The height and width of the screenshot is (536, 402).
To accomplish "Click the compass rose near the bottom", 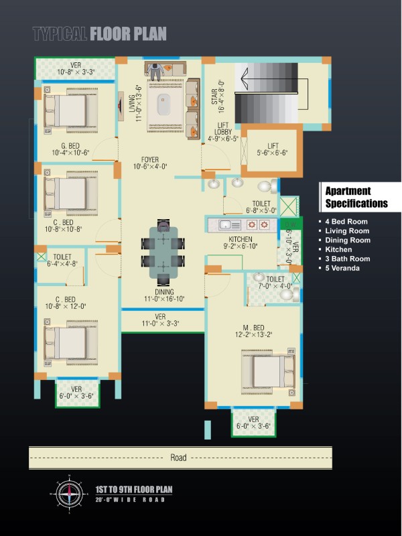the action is click(x=70, y=494).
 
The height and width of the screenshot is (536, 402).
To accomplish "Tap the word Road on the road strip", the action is click(x=178, y=458).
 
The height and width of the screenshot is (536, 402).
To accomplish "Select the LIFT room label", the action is click(x=273, y=145).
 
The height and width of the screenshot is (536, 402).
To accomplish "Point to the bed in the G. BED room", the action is click(x=70, y=111).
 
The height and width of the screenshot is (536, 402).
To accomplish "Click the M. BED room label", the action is click(x=253, y=328).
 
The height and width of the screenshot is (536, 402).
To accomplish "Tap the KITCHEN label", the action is click(x=241, y=239).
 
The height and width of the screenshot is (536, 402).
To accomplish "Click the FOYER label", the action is click(x=149, y=159).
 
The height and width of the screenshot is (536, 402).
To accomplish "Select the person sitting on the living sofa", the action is click(x=155, y=71).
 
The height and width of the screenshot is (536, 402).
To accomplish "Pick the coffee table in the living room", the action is click(x=163, y=104).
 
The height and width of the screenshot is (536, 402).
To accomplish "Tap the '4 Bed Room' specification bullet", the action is click(x=343, y=222).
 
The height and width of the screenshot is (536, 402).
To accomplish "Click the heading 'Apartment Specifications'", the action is click(x=356, y=197).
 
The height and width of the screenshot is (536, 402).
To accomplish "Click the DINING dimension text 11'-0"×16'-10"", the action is click(x=164, y=299).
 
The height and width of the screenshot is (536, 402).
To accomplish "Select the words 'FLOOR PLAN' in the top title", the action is click(x=128, y=34).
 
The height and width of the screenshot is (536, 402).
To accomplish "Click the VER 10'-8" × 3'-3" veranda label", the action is click(x=76, y=68).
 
